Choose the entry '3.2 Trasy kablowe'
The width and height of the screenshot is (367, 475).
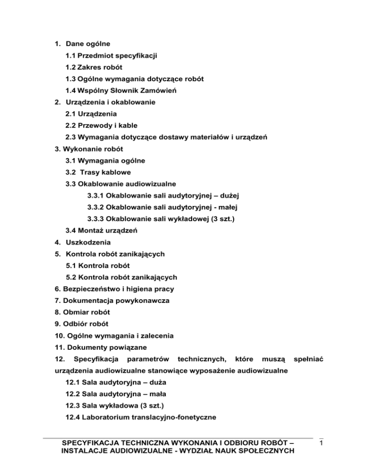click(98, 172)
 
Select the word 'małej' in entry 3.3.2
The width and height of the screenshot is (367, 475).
click(229, 207)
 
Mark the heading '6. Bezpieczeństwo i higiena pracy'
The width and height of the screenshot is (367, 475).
click(115, 289)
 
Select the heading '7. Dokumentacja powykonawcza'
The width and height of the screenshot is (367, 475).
click(108, 300)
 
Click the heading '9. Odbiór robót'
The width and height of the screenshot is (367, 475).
click(81, 324)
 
